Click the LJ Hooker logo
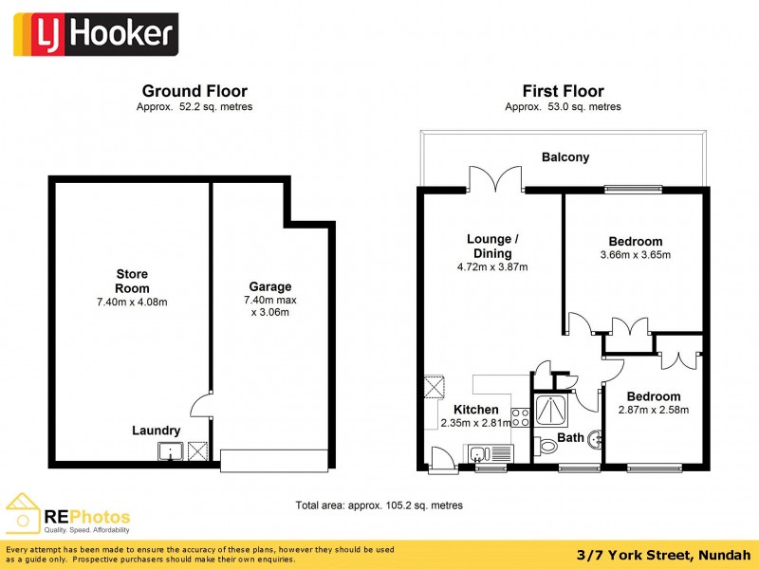[x=95, y=36]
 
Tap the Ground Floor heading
[x=194, y=91]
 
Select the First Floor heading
[x=563, y=91]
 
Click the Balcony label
[x=565, y=157]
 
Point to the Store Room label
[x=132, y=281]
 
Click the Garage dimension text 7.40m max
[x=270, y=300]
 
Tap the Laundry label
[x=156, y=431]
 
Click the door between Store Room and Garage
[x=201, y=406]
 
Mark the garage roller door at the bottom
[x=274, y=460]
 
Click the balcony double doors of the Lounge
[x=494, y=178]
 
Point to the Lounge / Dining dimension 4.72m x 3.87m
[x=491, y=266]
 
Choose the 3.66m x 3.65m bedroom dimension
[x=635, y=255]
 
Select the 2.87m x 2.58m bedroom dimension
[x=653, y=410]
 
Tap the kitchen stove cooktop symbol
[x=521, y=416]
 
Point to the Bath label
[x=570, y=437]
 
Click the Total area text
[x=379, y=505]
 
